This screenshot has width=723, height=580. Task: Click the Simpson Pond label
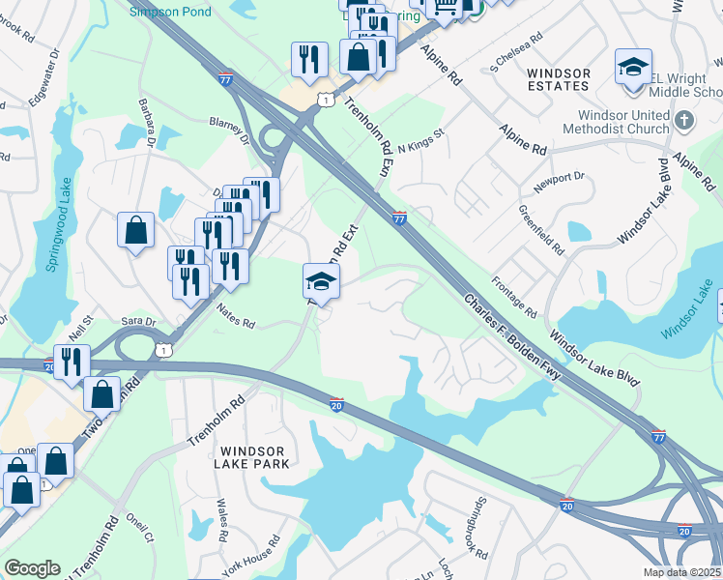pos(170,10)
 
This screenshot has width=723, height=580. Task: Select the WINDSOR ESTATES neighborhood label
pos(559,79)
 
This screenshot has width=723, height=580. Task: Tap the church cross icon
pos(684,121)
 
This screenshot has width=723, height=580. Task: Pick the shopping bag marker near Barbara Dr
pos(136,231)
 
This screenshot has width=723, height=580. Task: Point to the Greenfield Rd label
pos(541,230)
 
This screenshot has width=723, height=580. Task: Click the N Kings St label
pos(419,138)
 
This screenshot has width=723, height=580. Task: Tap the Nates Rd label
pos(235,316)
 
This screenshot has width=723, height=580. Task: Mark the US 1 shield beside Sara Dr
pos(165,350)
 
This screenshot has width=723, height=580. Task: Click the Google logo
pos(32,568)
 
